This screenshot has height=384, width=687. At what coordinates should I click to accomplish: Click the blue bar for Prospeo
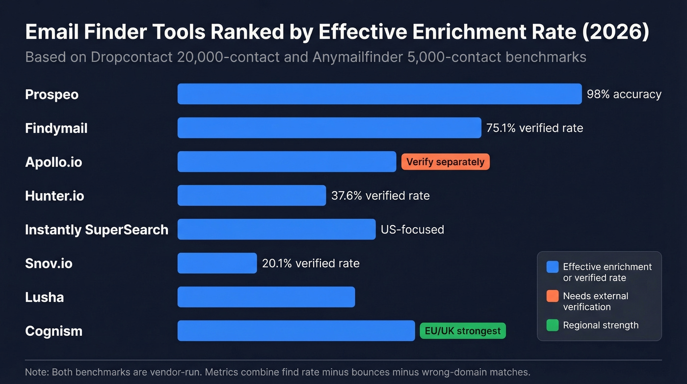379,94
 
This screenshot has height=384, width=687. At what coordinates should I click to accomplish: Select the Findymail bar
329,128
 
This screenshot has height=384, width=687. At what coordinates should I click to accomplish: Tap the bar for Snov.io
217,263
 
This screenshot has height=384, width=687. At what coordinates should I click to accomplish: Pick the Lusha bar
266,297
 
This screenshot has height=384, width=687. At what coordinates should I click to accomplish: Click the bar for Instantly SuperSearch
276,229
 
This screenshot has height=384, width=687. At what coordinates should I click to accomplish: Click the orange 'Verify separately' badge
445,162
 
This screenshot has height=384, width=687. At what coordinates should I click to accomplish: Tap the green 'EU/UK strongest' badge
462,331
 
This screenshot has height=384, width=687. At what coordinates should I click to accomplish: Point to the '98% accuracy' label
624,94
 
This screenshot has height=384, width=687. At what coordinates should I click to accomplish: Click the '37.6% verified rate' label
380,196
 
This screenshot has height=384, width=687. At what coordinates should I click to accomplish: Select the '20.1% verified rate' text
311,264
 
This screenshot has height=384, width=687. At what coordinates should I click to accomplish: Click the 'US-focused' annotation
412,230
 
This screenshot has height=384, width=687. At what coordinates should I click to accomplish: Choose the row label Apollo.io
53,162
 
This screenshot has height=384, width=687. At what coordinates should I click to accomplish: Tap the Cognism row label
53,331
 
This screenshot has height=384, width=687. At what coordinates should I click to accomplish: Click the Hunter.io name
54,196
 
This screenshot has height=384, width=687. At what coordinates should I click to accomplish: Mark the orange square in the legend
553,296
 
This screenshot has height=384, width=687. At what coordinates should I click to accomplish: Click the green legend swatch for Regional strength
553,325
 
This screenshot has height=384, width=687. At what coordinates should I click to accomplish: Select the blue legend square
553,267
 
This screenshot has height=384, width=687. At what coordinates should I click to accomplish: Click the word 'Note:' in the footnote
37,372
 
